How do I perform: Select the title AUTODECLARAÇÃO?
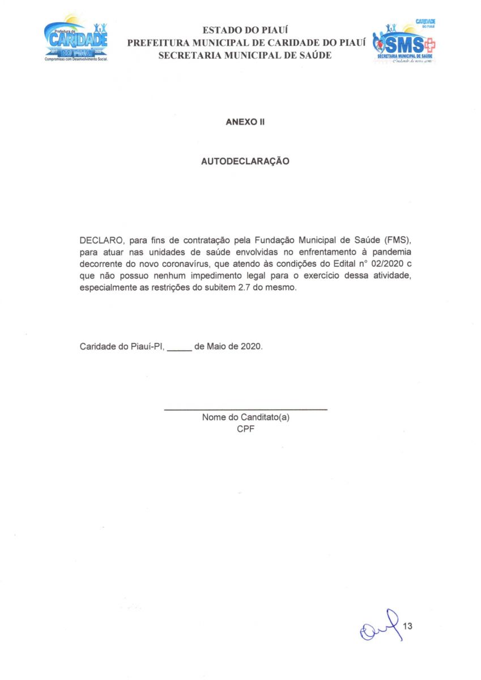(245, 161)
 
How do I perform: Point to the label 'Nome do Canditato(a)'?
(246, 418)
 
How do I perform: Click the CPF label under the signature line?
(245, 429)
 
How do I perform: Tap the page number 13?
(407, 626)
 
